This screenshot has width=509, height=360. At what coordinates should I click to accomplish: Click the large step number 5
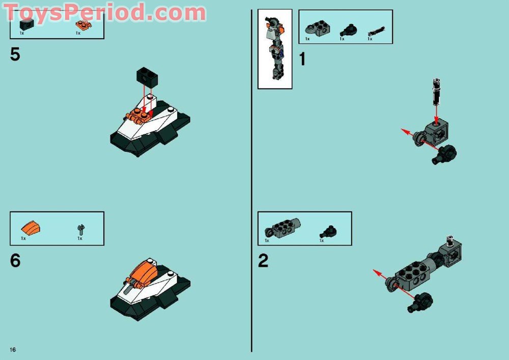click(x=15, y=54)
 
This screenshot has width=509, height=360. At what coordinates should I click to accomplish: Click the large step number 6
click(x=15, y=261)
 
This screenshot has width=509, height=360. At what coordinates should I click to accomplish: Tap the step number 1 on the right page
click(x=302, y=60)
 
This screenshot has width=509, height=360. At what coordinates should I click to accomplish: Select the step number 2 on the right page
click(x=263, y=261)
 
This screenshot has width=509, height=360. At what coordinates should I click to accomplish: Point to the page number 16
click(x=12, y=349)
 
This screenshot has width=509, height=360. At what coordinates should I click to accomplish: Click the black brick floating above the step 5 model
click(x=147, y=77)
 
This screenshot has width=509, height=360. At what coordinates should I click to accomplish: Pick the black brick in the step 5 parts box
click(x=26, y=24)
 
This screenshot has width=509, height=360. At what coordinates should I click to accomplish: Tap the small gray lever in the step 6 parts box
click(x=81, y=229)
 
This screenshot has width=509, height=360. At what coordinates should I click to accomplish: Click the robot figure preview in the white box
click(x=274, y=49)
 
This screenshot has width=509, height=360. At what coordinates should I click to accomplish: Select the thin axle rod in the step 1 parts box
click(x=376, y=32)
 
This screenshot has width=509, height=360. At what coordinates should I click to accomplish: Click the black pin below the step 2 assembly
click(x=420, y=302)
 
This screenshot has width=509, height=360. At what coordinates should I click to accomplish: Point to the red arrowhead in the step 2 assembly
click(x=376, y=272)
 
